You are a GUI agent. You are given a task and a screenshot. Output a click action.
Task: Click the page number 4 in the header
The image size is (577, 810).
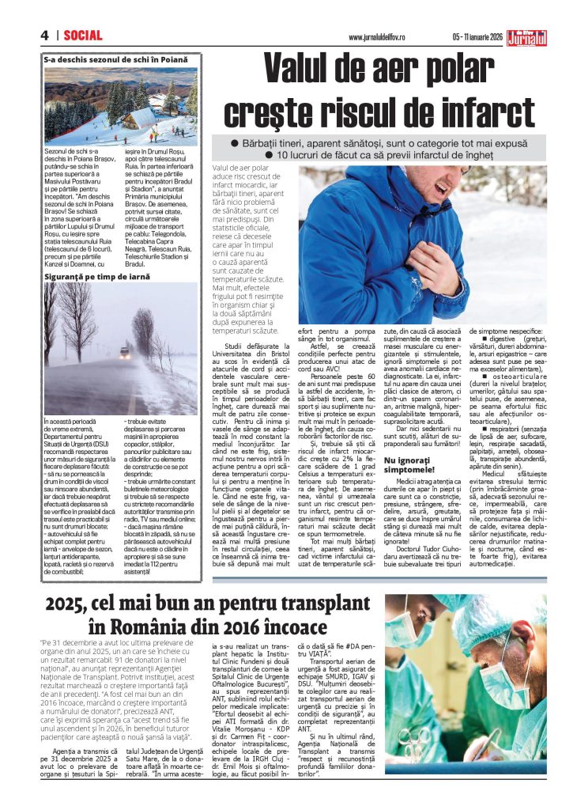[x=45, y=36]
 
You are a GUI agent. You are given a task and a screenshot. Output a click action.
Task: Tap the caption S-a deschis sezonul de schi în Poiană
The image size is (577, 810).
[x=116, y=59]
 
